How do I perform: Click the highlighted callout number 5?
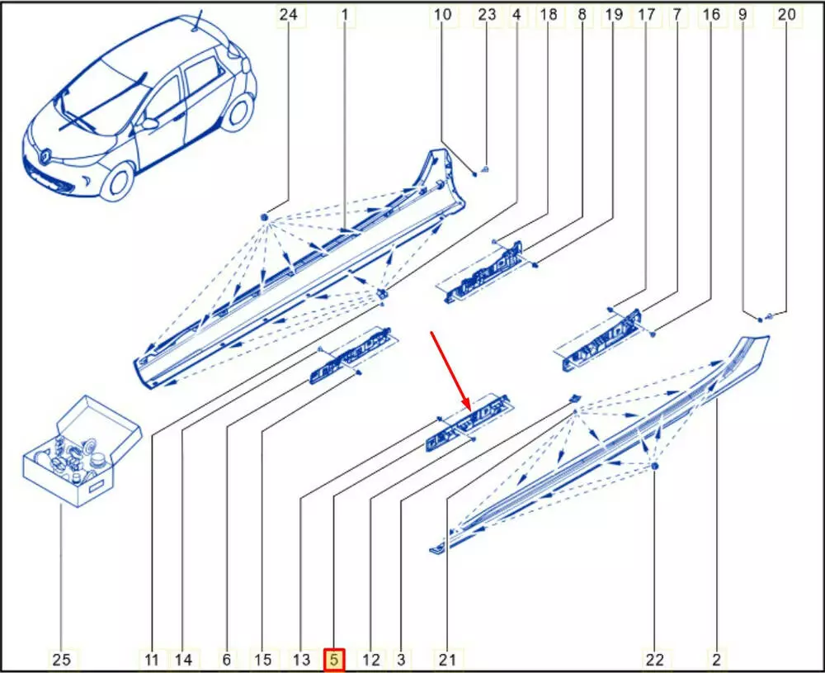click(x=334, y=659)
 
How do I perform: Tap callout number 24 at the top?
click(x=288, y=14)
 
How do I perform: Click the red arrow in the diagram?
click(x=451, y=370)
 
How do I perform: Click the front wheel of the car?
click(x=118, y=182)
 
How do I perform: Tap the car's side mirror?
click(x=150, y=125)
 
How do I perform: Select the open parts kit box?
click(x=82, y=452)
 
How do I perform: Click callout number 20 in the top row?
click(x=786, y=14)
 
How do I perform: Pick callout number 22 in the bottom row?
click(x=654, y=659)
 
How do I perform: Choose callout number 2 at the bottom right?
click(x=716, y=659)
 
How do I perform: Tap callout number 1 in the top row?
click(x=345, y=14)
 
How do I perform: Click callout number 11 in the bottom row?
click(x=152, y=659)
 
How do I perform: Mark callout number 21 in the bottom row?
click(x=447, y=659)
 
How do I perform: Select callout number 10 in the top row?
click(x=442, y=14)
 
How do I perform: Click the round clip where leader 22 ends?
click(x=654, y=467)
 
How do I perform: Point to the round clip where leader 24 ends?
click(x=265, y=217)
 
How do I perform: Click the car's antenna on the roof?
click(x=198, y=22)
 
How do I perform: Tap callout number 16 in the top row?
click(x=711, y=14)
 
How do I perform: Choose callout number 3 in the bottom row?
click(x=401, y=659)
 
